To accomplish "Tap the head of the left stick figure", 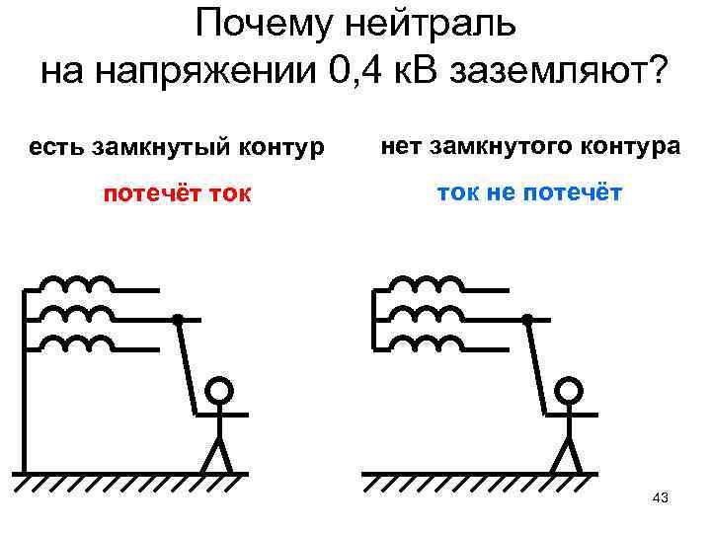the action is point(220,391).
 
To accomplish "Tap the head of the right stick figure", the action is point(570,391).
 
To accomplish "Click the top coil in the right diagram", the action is point(431,285).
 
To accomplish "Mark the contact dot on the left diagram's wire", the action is point(178,319).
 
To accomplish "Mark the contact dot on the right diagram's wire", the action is point(527,319).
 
